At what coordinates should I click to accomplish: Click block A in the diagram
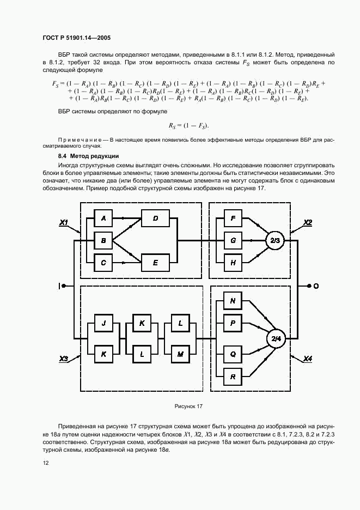103,218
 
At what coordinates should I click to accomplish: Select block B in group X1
103,240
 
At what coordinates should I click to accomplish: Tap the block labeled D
155,218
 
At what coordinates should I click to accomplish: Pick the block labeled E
155,262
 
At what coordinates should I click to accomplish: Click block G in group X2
233,240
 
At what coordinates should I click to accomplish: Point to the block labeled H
233,262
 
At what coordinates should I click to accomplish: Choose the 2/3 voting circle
274,240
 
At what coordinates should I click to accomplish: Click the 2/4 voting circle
274,339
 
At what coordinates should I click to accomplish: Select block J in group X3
103,323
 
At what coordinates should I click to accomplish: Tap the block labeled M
180,354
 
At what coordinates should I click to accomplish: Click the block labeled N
233,301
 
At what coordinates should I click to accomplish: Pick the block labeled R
233,377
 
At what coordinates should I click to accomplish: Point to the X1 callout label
64,222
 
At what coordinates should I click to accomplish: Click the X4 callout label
308,359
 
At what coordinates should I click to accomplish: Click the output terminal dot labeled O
309,286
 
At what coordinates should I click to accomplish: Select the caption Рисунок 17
188,406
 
